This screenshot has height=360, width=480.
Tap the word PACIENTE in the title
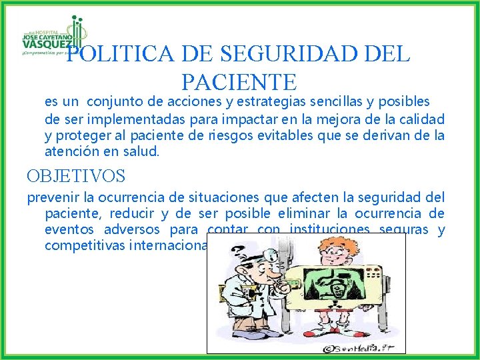tap(239, 82)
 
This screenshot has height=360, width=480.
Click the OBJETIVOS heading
tap(76, 177)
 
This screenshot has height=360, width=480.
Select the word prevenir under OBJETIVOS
tap(52, 197)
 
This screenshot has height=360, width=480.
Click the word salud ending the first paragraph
tap(141, 152)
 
